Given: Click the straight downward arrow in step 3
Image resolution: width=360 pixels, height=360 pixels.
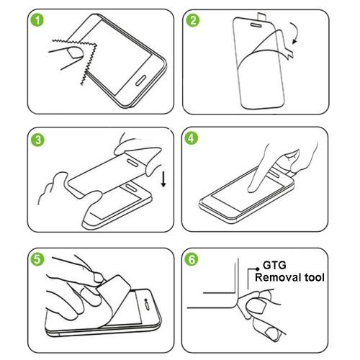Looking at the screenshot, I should pyautogui.click(x=164, y=176).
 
